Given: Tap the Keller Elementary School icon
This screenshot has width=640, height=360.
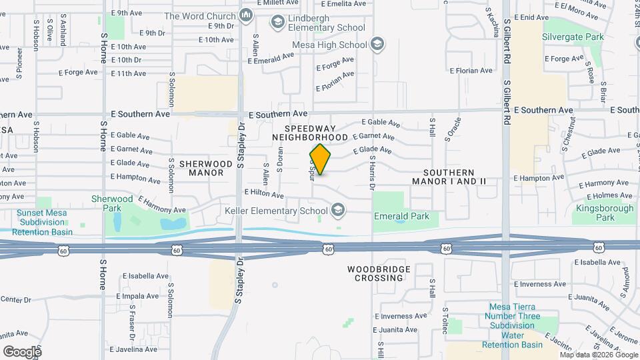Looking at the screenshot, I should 338,211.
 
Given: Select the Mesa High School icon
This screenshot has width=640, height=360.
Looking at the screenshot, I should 377,45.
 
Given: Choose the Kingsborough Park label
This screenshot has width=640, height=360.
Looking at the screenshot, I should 605,213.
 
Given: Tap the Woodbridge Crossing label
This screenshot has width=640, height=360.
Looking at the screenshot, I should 375,273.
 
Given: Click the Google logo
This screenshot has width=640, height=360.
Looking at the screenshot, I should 22,351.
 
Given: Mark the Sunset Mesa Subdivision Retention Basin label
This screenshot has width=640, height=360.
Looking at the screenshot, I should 44,222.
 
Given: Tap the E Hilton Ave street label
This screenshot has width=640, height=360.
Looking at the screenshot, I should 265,193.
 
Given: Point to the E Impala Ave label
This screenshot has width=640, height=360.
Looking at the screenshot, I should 141,295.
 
